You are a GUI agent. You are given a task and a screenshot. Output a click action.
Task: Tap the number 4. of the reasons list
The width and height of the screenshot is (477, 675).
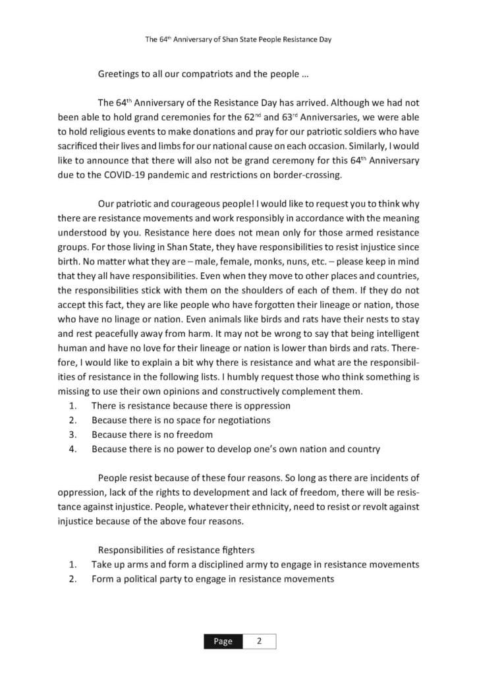coord(74,449)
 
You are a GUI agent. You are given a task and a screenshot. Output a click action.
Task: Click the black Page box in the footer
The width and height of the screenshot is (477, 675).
coord(222,641)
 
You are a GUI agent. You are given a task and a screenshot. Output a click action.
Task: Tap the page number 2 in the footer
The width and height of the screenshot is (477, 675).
coord(259,641)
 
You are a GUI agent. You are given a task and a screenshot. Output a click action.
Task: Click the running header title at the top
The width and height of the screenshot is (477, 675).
coord(238,40)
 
